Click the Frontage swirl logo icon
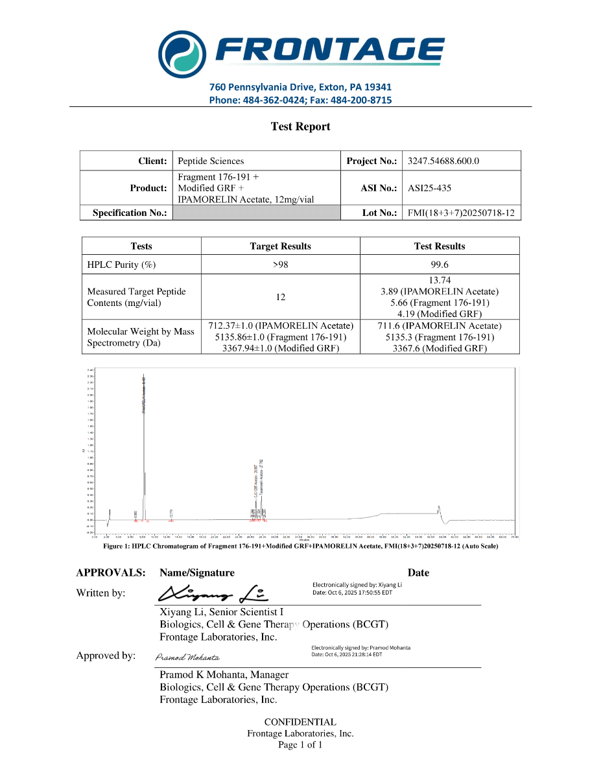point(182,52)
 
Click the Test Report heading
point(300,127)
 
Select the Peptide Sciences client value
point(211,161)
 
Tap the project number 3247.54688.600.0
point(443,161)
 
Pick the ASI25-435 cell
point(430,188)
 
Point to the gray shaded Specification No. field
point(256,213)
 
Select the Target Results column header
point(280,246)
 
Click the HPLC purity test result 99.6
point(440,265)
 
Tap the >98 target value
point(280,265)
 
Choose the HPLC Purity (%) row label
point(121,265)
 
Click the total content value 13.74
point(440,280)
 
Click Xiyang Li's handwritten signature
point(213,593)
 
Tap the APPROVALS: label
point(110,572)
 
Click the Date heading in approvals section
point(418,572)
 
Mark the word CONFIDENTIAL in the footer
point(300,722)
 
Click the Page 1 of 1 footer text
point(300,745)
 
